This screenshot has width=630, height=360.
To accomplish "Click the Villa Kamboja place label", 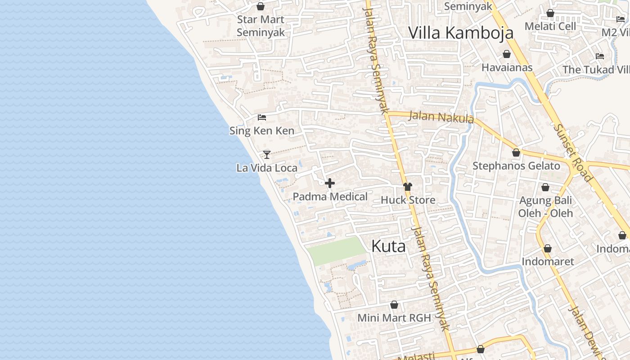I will [460, 33].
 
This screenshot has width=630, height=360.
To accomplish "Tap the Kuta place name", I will [388, 246].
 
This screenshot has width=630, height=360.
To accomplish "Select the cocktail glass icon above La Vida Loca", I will [267, 155].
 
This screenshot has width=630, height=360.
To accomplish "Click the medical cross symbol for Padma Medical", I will [330, 183].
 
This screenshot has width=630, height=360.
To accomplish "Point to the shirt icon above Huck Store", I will [408, 187].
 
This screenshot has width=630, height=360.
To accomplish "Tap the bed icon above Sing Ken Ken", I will [262, 117].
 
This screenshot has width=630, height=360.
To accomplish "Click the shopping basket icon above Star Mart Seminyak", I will [260, 6].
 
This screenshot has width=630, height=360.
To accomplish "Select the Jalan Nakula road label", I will [441, 117].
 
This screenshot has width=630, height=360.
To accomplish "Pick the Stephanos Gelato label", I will [516, 166].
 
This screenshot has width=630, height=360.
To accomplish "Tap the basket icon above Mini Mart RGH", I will [394, 305].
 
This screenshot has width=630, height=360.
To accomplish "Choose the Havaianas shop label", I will [507, 67].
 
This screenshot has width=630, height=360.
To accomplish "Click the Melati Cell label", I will [550, 26].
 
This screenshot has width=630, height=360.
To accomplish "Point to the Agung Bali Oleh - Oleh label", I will [545, 207].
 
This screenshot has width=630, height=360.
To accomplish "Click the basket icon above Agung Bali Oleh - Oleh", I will [545, 187].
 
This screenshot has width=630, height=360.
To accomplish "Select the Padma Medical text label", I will [330, 197].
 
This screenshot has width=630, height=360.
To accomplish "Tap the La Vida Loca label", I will [267, 168].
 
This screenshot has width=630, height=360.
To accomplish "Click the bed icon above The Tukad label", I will [599, 56].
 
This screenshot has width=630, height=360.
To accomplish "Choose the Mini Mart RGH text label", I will [394, 318].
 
